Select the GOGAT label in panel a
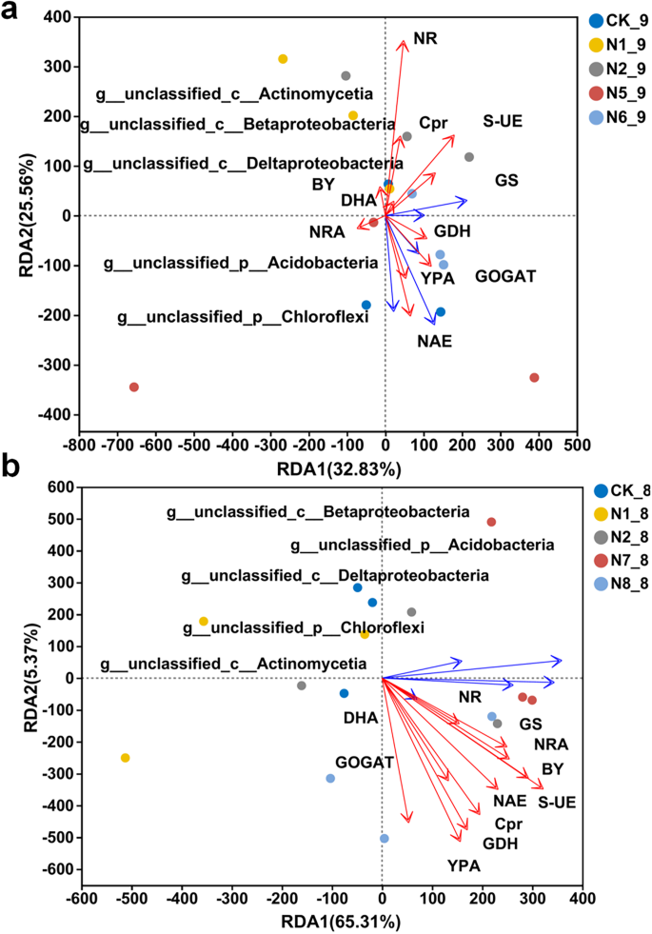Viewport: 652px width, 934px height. coord(505,276)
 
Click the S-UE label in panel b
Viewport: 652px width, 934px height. coord(557,803)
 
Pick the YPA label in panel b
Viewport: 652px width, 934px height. coord(464,865)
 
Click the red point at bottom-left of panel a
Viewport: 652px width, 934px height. coord(134,387)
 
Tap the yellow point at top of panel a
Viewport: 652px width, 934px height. coord(283,59)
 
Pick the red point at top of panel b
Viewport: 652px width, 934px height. coord(491,522)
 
